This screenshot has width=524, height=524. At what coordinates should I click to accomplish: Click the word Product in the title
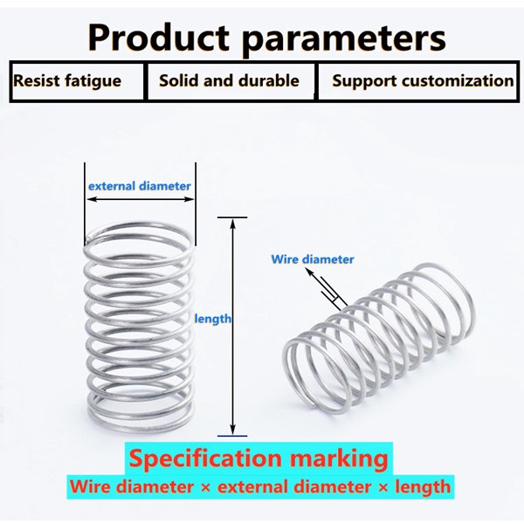158,38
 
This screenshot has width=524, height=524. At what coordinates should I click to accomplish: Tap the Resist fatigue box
67,81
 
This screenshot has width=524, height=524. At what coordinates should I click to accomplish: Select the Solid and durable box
229,81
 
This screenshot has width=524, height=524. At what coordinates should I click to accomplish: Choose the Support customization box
423,81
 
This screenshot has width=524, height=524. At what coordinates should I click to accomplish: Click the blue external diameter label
140,186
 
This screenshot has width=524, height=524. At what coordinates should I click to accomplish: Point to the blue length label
213,319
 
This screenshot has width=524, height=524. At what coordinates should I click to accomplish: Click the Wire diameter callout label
313,259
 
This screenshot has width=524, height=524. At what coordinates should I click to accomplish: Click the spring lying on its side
376,341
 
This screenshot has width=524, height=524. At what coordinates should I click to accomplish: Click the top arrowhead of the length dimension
232,224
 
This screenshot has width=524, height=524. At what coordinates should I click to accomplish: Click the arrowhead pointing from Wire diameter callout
307,272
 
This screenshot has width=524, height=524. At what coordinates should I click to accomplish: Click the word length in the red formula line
420,486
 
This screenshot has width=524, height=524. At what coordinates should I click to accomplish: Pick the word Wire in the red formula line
93,486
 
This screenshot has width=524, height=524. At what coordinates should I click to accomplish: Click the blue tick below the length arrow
232,434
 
